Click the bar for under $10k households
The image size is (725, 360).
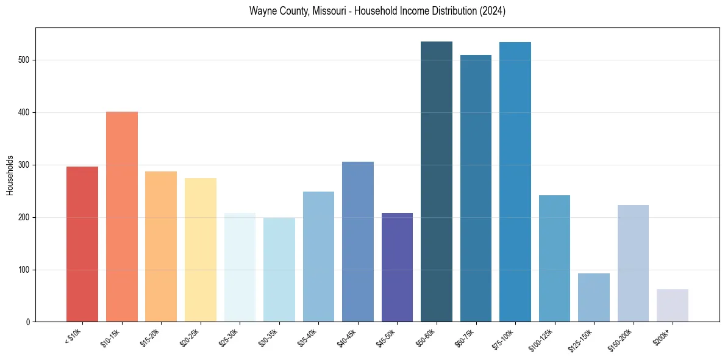tap(82, 244)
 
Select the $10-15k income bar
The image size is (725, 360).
tap(121, 217)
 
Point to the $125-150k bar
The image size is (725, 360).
tap(594, 298)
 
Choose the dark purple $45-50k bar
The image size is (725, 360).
tap(397, 267)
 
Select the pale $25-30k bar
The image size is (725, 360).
tap(240, 267)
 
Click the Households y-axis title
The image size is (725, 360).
tap(10, 175)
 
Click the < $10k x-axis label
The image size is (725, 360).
tap(73, 336)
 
